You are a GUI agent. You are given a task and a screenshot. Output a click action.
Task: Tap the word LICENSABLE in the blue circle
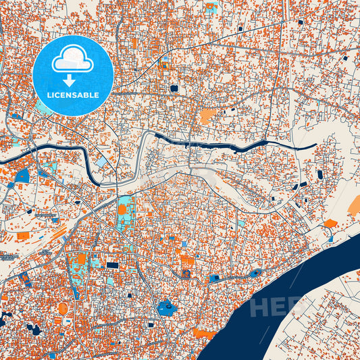click(72, 95)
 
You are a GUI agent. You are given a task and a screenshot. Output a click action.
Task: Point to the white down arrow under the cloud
click(73, 79)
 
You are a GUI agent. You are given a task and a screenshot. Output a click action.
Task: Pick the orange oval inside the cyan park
click(122, 209)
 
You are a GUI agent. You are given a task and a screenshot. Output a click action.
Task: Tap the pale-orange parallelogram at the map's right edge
click(354, 206)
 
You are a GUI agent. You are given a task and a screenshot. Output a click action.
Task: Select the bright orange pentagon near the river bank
click(330, 223)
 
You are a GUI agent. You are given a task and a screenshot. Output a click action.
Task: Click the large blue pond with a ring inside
click(166, 308)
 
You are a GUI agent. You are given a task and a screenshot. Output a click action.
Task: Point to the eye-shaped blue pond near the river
click(255, 274)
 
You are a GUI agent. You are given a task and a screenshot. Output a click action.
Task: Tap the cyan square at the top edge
click(211, 8)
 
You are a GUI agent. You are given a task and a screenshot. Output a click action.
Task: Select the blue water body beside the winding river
click(22, 176)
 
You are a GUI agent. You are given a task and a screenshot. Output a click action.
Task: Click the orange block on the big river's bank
click(205, 333)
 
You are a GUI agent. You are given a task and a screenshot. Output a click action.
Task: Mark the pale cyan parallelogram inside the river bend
click(101, 163)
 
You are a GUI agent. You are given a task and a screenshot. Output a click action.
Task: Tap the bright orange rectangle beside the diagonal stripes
click(23, 236)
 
